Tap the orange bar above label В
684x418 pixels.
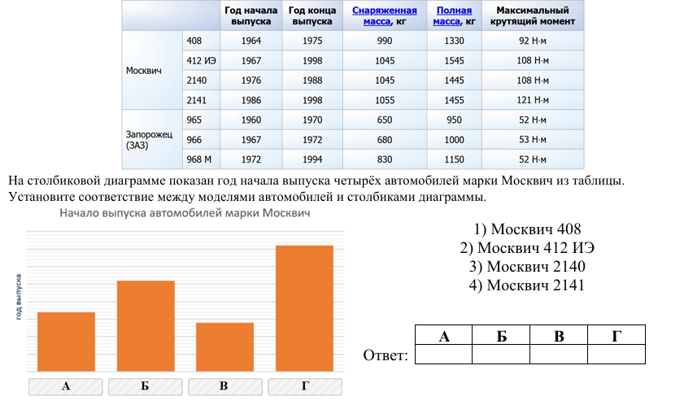[224, 348]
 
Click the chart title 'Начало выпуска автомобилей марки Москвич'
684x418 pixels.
[185, 213]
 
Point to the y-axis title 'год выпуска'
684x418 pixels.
[17, 297]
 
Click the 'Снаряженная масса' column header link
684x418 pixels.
[384, 15]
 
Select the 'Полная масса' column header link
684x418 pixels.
[454, 15]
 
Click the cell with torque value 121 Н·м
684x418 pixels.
[534, 100]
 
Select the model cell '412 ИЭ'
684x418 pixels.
[200, 61]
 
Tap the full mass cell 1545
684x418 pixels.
[454, 61]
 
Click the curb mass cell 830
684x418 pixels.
[384, 159]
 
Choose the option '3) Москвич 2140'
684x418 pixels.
[526, 267]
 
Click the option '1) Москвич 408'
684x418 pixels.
[526, 229]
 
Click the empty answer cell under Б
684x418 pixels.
[501, 354]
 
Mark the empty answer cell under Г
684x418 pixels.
[616, 354]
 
